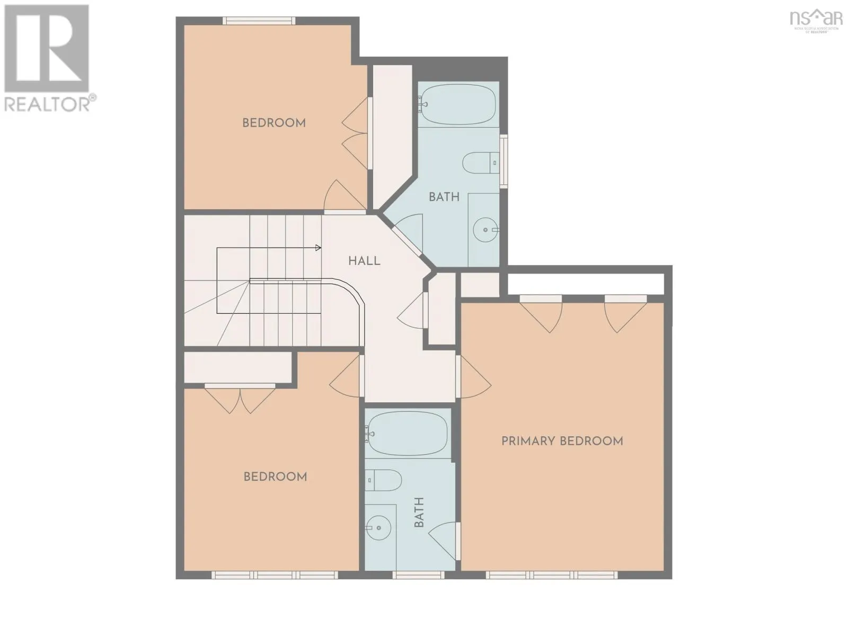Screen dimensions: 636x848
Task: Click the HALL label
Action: (364, 261)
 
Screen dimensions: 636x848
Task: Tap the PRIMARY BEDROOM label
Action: (562, 441)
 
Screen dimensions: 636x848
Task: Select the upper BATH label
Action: (444, 197)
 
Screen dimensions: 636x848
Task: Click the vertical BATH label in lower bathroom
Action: (419, 512)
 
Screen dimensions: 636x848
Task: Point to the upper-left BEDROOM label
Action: (274, 123)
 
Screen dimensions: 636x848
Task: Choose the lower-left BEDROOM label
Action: (275, 476)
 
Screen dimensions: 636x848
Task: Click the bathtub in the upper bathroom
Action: (458, 104)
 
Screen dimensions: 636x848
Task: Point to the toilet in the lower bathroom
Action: (383, 480)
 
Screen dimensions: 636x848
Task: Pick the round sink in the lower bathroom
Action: (378, 527)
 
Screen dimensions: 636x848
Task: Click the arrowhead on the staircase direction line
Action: (318, 248)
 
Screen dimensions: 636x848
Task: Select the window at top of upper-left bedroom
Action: (259, 21)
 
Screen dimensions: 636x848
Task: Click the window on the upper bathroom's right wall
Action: (504, 162)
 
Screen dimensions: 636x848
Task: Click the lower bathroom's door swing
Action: (444, 540)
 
